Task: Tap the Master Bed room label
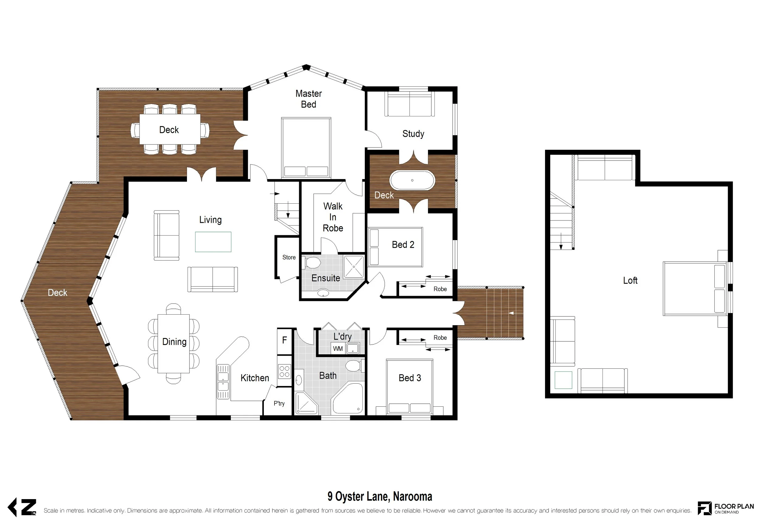pyautogui.click(x=308, y=99)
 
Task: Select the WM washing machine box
pyautogui.click(x=338, y=349)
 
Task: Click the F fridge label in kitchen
pyautogui.click(x=285, y=340)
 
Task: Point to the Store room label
pyautogui.click(x=289, y=257)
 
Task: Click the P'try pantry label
pyautogui.click(x=279, y=403)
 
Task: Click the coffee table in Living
pyautogui.click(x=213, y=242)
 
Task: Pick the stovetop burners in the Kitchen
pyautogui.click(x=284, y=371)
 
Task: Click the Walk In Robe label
pyautogui.click(x=333, y=217)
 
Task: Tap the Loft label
pyautogui.click(x=630, y=280)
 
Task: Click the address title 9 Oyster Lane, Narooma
pyautogui.click(x=380, y=496)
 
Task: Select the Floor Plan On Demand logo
pyautogui.click(x=726, y=508)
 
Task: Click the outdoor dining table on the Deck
pyautogui.click(x=170, y=129)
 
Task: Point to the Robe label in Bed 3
pyautogui.click(x=440, y=337)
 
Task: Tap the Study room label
pyautogui.click(x=413, y=134)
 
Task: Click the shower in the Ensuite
pyautogui.click(x=354, y=267)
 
